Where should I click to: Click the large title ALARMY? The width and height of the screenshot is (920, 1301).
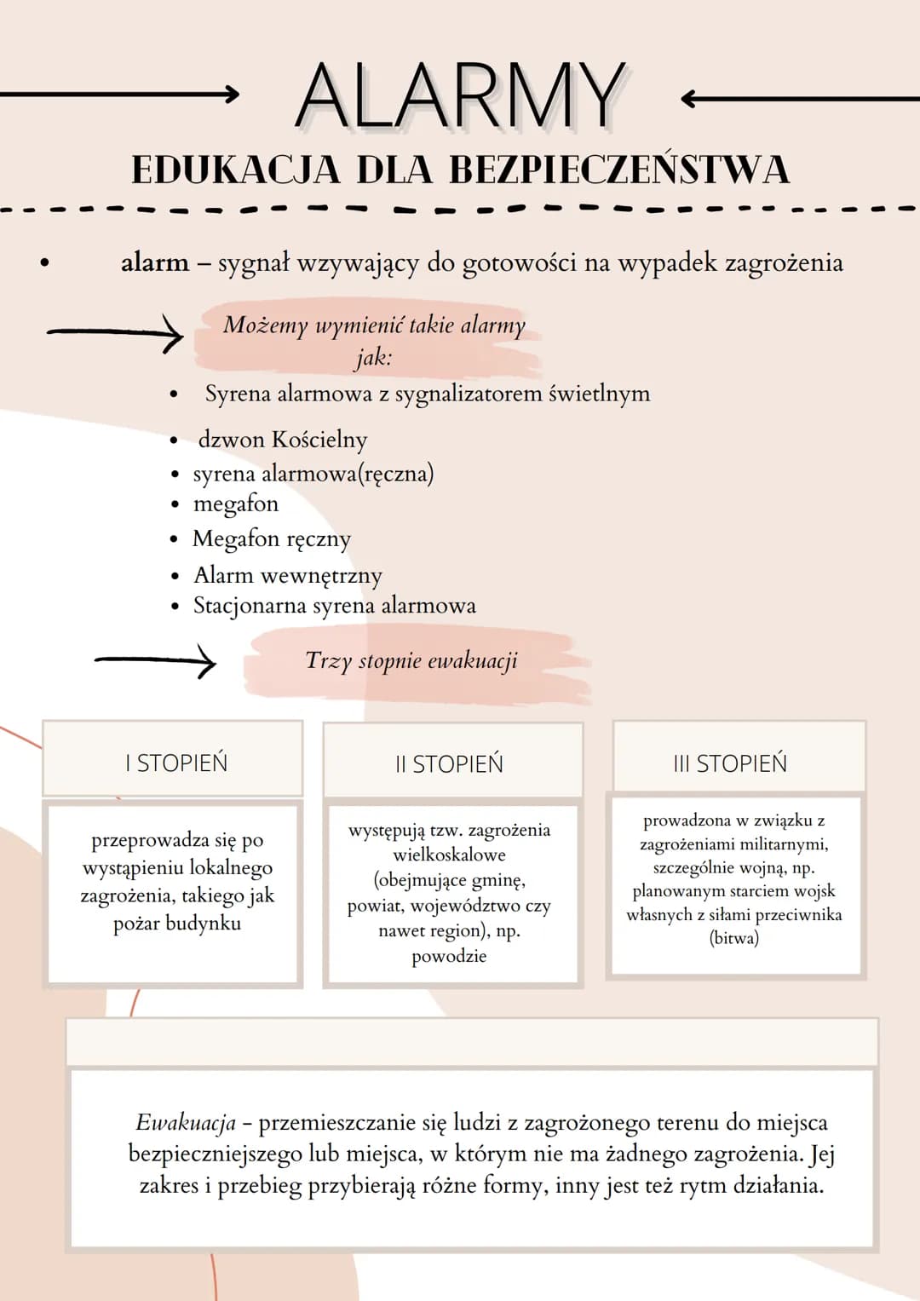pos(460,95)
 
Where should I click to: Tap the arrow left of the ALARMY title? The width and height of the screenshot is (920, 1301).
pos(119,94)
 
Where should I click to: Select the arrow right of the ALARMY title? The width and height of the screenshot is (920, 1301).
pos(801,99)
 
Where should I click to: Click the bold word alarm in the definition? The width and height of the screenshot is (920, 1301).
pos(154,262)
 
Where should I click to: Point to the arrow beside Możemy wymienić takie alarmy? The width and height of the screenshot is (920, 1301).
pos(115,333)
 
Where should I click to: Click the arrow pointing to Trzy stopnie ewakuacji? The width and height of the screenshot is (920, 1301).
pos(155,660)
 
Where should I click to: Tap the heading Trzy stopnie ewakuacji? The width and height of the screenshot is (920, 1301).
pos(411,661)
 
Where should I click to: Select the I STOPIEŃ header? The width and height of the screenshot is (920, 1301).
pos(176,763)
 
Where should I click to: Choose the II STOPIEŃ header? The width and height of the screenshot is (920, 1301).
pos(449,763)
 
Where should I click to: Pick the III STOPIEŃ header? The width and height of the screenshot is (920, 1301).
pos(730,763)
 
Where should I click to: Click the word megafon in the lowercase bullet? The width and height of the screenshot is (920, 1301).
pos(236,504)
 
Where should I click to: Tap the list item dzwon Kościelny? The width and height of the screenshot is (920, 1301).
pos(282,440)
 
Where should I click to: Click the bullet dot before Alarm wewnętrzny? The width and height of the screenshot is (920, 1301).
pos(175,576)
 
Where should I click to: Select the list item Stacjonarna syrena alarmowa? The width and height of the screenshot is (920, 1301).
pos(335,606)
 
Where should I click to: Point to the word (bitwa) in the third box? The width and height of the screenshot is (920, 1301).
pos(734,937)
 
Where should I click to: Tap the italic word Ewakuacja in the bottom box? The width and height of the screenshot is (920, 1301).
pos(186,1123)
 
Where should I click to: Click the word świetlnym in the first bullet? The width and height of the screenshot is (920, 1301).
pos(600,394)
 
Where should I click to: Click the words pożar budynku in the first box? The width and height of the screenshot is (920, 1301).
pos(177,923)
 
